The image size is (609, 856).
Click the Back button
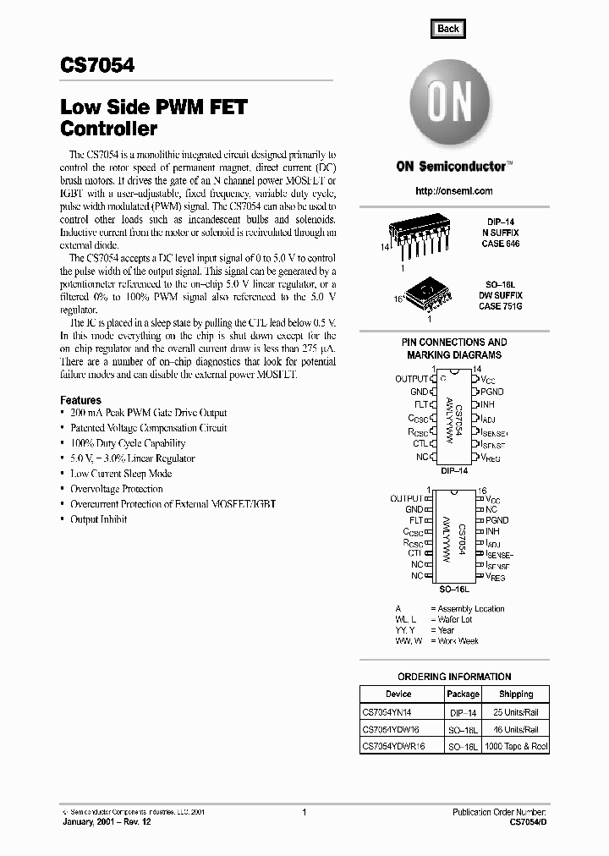pyautogui.click(x=447, y=28)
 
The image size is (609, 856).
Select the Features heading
pyautogui.click(x=80, y=400)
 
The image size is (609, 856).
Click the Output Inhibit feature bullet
pyautogui.click(x=98, y=519)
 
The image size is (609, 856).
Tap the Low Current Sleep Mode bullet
pyautogui.click(x=121, y=474)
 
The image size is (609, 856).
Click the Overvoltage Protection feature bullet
pyautogui.click(x=117, y=489)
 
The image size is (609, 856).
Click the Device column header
pyautogui.click(x=398, y=694)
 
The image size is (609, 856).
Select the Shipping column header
pyautogui.click(x=516, y=694)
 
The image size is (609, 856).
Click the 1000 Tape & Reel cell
pyautogui.click(x=516, y=747)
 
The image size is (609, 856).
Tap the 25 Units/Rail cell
pyautogui.click(x=516, y=712)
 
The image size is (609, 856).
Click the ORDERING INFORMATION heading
pyautogui.click(x=454, y=677)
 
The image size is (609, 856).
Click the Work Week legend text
pyautogui.click(x=458, y=641)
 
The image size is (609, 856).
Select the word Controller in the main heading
pyautogui.click(x=109, y=130)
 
